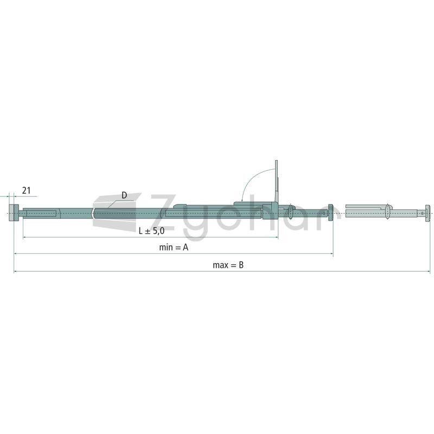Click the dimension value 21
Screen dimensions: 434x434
coord(26,190)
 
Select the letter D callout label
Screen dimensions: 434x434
coord(124,195)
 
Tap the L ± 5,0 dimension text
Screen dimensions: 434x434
coord(151,231)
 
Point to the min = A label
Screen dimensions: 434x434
coord(174,247)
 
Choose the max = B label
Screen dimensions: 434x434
coord(228,265)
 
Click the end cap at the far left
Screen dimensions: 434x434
coord(14,213)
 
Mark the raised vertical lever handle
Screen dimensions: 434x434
coord(276,182)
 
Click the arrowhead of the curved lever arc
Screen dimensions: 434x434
coord(242,200)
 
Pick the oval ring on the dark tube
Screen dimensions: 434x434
coord(290,213)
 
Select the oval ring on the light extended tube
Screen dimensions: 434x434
coord(387,212)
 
